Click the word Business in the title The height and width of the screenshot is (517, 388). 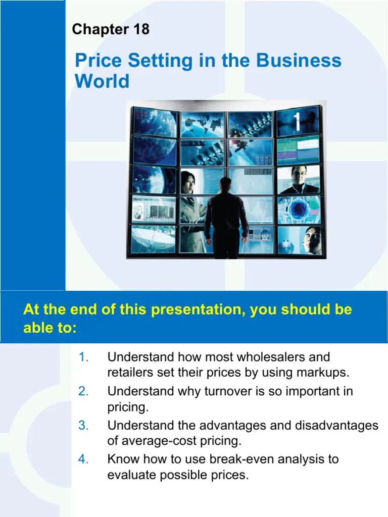click(299, 61)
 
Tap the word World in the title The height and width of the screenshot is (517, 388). click(102, 81)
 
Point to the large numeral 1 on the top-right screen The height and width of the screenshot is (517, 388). click(298, 122)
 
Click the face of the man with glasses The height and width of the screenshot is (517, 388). click(298, 177)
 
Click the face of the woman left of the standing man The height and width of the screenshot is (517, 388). click(188, 179)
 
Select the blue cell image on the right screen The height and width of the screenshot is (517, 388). click(298, 209)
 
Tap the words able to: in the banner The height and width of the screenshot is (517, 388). click(50, 328)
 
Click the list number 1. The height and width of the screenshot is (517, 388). click(84, 357)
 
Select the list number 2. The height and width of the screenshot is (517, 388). click(83, 391)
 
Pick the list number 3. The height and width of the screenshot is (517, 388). click(83, 426)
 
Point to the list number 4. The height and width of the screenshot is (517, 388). click(83, 459)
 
